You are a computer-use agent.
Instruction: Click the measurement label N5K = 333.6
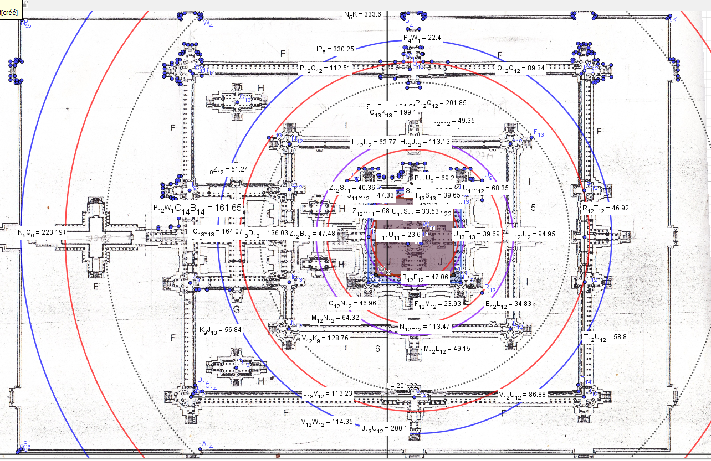(x=362, y=15)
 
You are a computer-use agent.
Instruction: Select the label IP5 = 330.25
(x=335, y=49)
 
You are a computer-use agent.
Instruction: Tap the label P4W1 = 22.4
(x=422, y=38)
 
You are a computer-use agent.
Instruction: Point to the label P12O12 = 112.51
(x=325, y=69)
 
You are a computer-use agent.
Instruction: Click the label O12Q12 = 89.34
(x=520, y=68)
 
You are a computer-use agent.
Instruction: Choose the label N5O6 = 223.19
(x=41, y=233)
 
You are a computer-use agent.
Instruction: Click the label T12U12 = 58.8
(x=605, y=336)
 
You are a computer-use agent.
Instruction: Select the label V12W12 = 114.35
(x=326, y=422)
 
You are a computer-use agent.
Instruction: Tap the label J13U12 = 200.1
(x=384, y=428)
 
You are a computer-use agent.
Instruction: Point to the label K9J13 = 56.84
(x=220, y=330)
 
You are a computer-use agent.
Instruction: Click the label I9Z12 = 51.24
(x=228, y=169)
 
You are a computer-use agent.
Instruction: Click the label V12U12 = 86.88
(x=522, y=395)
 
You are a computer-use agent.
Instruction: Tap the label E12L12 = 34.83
(x=508, y=304)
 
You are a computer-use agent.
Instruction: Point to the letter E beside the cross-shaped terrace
(x=95, y=286)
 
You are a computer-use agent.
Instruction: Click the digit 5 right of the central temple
(x=533, y=208)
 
